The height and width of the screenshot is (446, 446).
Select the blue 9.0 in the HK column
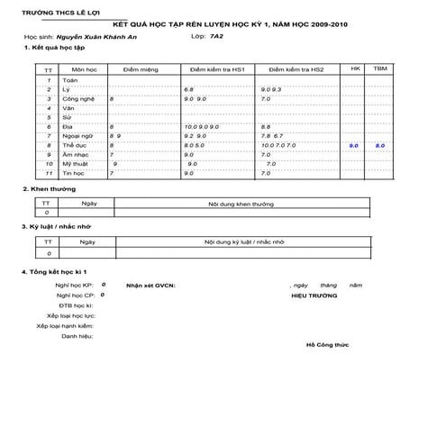[354, 144]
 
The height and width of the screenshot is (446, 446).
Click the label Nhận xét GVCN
[151, 284]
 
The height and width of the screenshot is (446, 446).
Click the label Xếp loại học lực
[72, 315]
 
